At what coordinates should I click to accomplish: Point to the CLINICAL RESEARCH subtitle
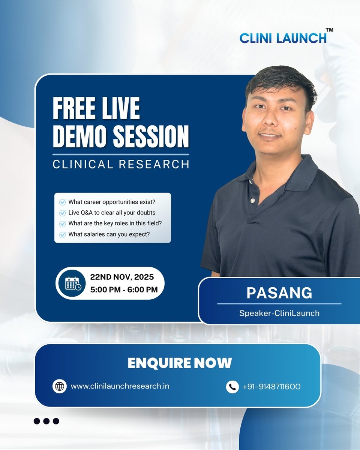coord(121,164)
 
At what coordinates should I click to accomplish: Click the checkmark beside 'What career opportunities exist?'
coord(63,202)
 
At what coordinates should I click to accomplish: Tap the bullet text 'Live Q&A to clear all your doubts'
coord(112,213)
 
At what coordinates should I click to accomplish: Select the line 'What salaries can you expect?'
coord(109,234)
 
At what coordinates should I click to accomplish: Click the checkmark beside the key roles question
coord(63,223)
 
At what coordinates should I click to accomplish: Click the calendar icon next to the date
coord(72,283)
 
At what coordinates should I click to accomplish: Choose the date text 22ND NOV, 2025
coord(122,277)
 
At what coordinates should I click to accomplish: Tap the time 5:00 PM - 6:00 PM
coord(124,289)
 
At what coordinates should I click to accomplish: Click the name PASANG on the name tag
coord(279,293)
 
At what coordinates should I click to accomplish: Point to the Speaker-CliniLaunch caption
coord(279,313)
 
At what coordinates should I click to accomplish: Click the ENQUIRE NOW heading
coord(180,363)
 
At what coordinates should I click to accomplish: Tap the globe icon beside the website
coord(60,386)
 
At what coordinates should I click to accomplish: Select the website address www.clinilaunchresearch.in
coord(120,386)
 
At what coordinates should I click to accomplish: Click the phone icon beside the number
coord(232,386)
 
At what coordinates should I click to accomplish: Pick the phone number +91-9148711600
coord(271,386)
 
